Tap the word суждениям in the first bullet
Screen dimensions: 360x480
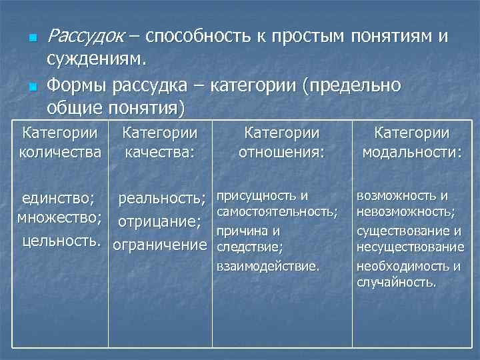[96, 61]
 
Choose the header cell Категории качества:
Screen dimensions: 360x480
[160, 143]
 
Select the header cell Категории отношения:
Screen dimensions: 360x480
[281, 143]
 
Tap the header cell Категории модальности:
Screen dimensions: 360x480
[411, 143]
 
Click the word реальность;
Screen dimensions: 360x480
[162, 198]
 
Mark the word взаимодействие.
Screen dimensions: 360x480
[269, 265]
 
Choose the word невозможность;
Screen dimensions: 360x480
[406, 212]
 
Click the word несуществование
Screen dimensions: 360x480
[411, 247]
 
